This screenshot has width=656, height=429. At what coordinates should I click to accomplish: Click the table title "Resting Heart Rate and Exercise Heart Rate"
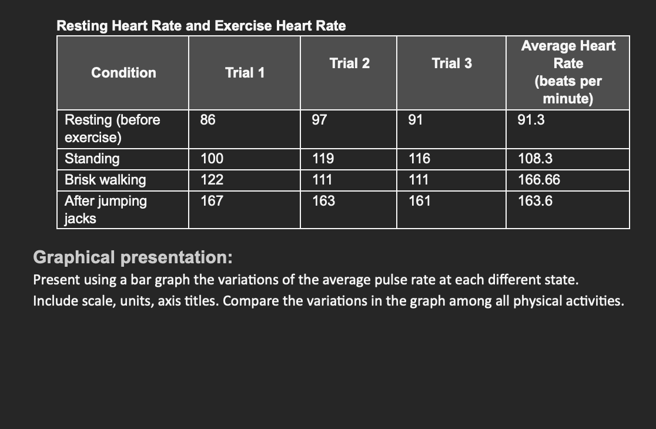201,26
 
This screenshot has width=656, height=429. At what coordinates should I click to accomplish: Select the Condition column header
123,73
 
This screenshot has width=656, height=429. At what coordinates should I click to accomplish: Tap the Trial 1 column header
245,73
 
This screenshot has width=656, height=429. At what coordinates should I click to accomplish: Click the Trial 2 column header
349,63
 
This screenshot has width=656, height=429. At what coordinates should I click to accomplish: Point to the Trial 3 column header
451,63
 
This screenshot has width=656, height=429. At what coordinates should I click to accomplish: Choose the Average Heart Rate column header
568,72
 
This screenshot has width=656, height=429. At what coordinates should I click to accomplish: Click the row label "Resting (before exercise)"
112,129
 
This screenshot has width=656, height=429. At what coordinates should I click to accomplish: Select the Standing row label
92,159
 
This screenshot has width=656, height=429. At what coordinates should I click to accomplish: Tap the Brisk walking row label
105,180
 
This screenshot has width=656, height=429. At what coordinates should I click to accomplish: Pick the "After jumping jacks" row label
105,209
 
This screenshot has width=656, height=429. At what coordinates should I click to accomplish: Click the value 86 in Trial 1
207,120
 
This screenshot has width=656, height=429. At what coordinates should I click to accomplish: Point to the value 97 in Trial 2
319,120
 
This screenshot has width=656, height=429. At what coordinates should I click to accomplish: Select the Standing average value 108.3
534,159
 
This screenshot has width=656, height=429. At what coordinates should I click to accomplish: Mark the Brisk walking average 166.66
538,180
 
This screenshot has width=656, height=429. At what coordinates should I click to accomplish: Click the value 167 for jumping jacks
211,201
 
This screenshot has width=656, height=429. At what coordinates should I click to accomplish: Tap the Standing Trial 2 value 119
323,159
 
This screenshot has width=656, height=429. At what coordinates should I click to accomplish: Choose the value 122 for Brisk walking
211,180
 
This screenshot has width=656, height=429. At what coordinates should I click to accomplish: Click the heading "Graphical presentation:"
133,257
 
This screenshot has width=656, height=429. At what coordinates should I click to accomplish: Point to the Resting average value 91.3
531,120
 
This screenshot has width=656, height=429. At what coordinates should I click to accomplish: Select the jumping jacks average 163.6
534,201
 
